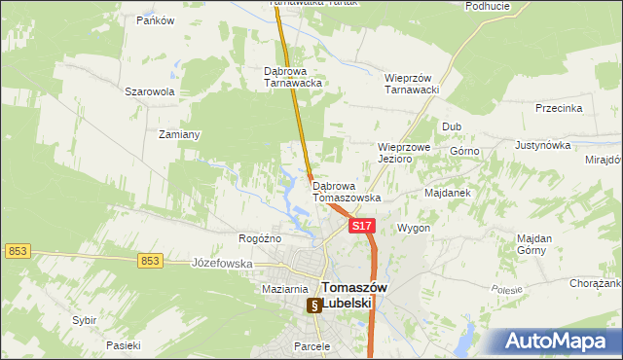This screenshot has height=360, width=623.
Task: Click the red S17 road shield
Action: tap(361, 226)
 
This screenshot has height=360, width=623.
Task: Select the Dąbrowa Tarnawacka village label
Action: tap(293, 77)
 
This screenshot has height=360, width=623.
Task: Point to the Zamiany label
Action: tap(179, 134)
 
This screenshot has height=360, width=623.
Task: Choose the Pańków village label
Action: tap(155, 20)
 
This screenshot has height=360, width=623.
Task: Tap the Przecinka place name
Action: tap(558, 109)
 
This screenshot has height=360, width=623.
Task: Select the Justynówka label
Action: tap(542, 145)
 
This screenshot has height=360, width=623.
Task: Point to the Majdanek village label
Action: tap(448, 193)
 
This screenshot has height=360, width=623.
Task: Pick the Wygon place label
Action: tap(413, 228)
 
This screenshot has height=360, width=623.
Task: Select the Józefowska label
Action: tap(222, 263)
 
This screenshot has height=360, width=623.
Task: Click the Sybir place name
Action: tap(85, 319)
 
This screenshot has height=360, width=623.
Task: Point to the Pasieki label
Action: tap(124, 345)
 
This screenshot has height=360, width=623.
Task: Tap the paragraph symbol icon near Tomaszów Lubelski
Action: tap(314, 306)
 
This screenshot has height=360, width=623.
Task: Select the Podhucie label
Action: tap(488, 6)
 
